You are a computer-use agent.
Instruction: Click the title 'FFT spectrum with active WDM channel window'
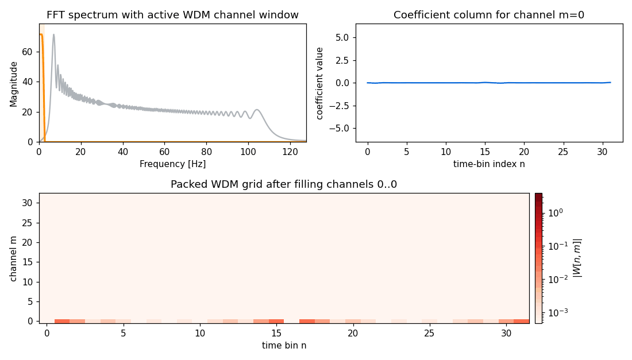tap(172, 15)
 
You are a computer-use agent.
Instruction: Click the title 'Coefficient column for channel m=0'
tap(489, 15)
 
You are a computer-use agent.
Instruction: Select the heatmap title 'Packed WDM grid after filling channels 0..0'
tap(284, 184)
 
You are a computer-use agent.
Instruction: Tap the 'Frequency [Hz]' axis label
tap(172, 164)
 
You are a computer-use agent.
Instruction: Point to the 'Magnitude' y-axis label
tap(13, 83)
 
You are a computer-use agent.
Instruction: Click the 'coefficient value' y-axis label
tap(320, 83)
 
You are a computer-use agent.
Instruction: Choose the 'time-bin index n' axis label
tap(489, 164)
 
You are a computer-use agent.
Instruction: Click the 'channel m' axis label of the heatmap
tap(13, 258)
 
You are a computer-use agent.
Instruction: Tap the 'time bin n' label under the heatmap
tap(284, 346)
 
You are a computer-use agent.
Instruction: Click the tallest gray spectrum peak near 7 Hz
tap(53, 35)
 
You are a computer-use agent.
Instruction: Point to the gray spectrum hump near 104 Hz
tap(256, 110)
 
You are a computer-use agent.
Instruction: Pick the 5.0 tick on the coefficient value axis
tap(341, 37)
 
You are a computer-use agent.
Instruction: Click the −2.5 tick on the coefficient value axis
tap(338, 105)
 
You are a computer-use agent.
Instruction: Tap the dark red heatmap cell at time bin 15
tap(276, 321)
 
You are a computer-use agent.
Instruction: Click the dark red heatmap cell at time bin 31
tap(521, 321)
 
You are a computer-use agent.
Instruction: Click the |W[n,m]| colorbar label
tap(577, 258)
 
